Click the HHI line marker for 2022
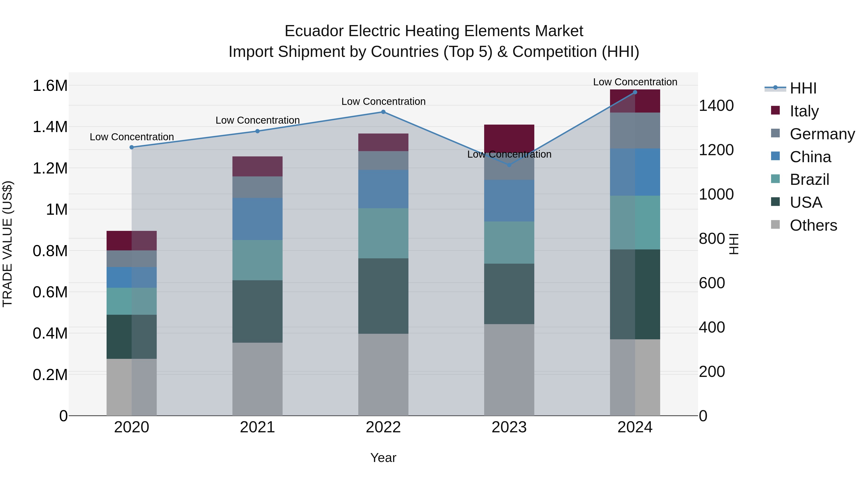(x=383, y=112)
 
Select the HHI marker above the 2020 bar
(x=132, y=147)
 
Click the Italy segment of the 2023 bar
(x=509, y=136)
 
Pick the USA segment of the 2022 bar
(x=383, y=296)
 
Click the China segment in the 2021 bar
(x=258, y=219)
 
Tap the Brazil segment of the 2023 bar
(x=509, y=242)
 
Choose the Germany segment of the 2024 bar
(x=635, y=130)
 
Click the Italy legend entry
(x=804, y=111)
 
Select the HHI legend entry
(x=803, y=88)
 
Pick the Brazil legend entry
(x=809, y=180)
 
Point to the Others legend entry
(x=813, y=225)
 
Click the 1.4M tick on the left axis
(x=50, y=127)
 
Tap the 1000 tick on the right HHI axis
(x=716, y=194)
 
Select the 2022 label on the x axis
(x=383, y=427)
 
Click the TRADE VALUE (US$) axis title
(x=7, y=244)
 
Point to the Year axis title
(x=383, y=458)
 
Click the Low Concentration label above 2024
(x=635, y=82)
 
